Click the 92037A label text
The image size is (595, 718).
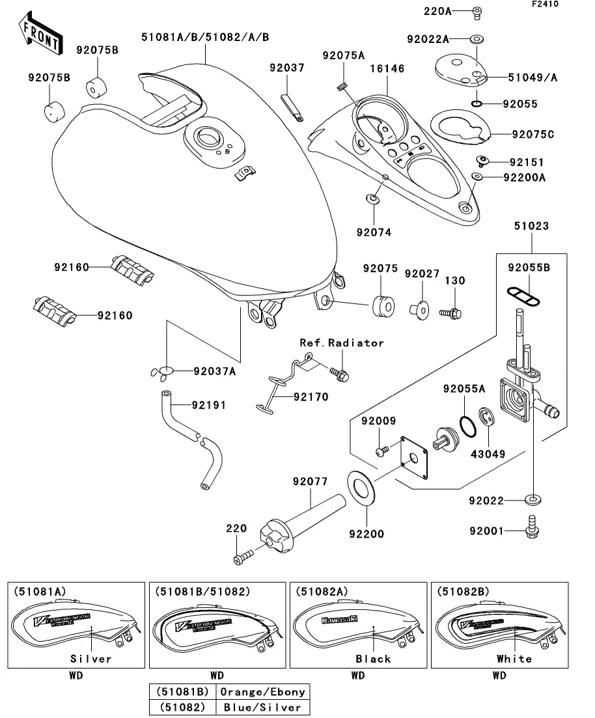tap(214, 372)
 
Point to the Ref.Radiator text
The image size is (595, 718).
tap(342, 342)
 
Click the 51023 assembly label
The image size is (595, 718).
tap(531, 227)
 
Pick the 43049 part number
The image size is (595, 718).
tap(488, 454)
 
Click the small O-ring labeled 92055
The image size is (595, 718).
tap(477, 104)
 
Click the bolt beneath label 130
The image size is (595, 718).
tap(452, 313)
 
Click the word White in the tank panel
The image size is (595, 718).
tap(514, 658)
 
